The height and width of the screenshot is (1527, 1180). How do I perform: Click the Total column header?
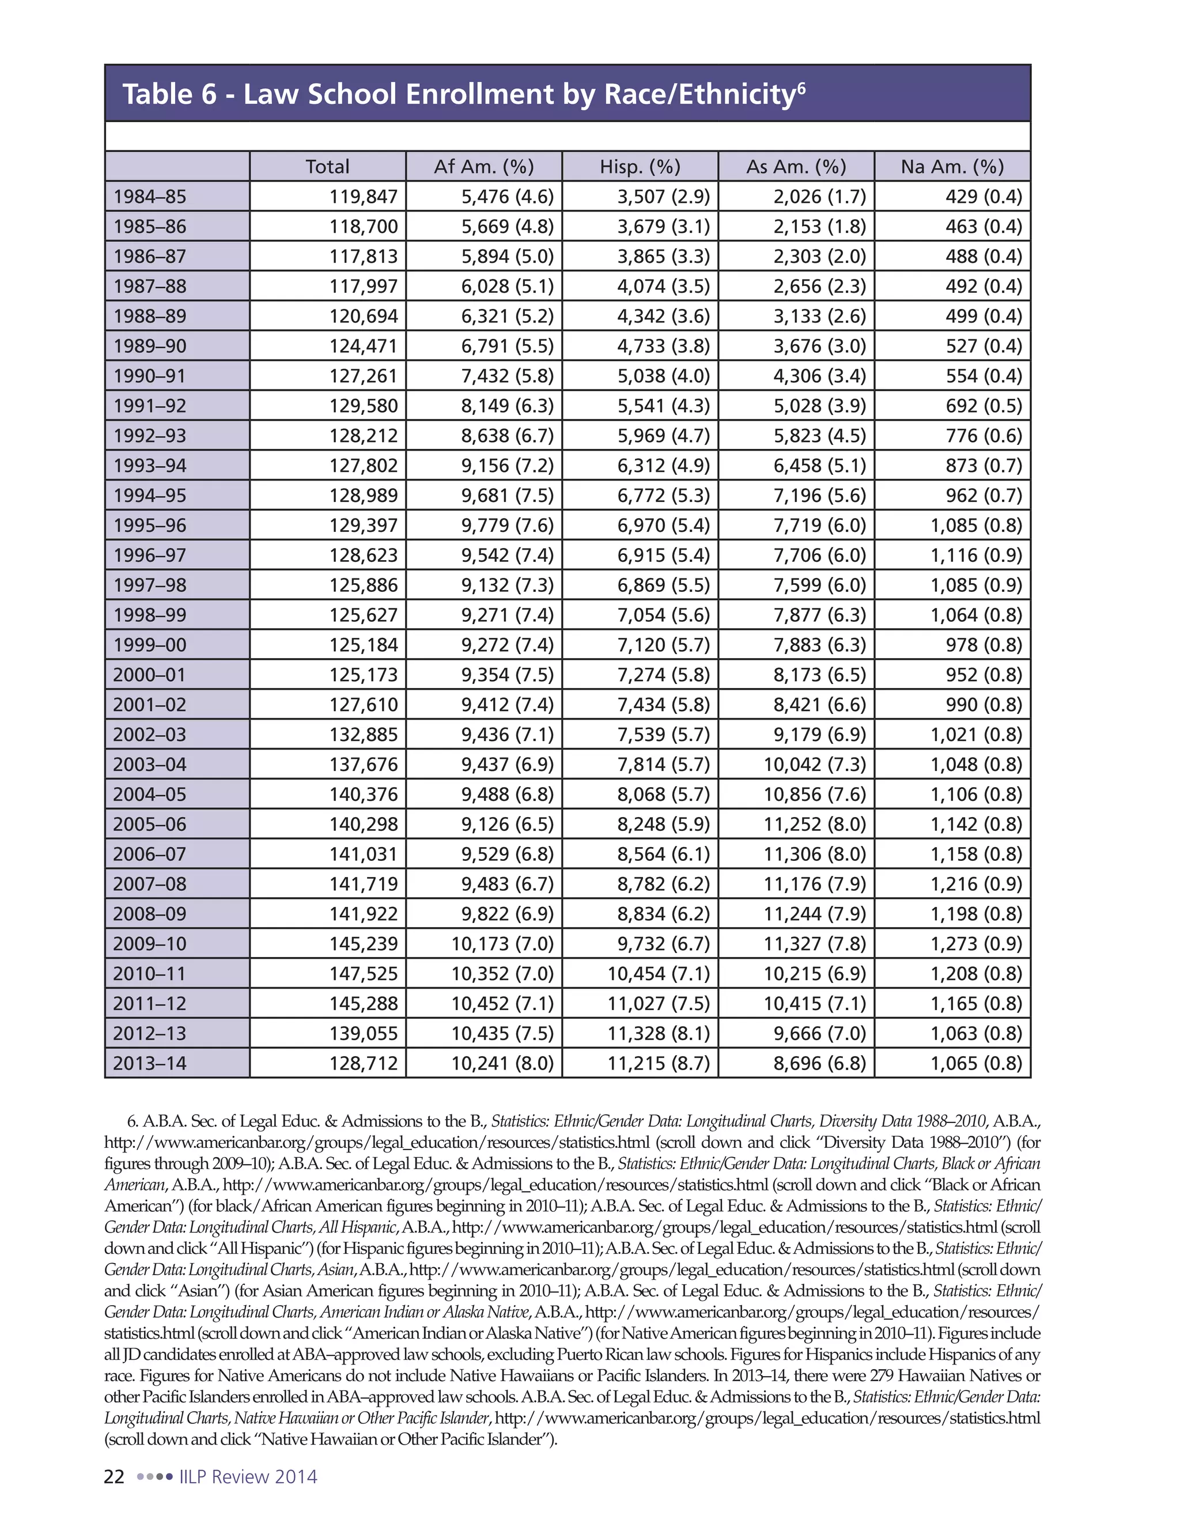(x=327, y=167)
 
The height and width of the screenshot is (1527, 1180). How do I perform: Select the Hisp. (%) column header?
(x=640, y=167)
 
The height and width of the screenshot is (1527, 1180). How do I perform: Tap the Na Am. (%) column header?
(x=952, y=167)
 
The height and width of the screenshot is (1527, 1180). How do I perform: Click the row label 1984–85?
(x=150, y=196)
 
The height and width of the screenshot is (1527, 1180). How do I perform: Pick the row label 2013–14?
(x=150, y=1064)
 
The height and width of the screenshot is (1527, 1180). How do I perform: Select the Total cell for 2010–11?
(x=364, y=974)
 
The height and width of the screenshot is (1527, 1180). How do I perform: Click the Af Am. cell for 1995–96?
(x=507, y=525)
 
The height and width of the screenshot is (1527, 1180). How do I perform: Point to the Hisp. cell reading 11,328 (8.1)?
(x=658, y=1033)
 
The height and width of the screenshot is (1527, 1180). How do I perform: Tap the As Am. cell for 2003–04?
(x=814, y=764)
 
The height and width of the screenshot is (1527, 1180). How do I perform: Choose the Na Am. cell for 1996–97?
(x=976, y=555)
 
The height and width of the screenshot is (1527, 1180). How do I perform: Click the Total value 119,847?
(x=364, y=196)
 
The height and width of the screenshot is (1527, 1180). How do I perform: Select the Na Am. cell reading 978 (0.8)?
(x=984, y=645)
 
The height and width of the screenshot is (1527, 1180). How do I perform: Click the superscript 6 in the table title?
(x=801, y=86)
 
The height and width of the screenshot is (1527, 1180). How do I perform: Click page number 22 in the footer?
(x=114, y=1477)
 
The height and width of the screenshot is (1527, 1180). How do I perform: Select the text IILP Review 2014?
(x=248, y=1477)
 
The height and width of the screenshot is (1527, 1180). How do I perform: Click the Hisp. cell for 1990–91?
(x=663, y=376)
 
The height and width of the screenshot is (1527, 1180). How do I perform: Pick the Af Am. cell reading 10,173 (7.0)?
(x=502, y=944)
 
